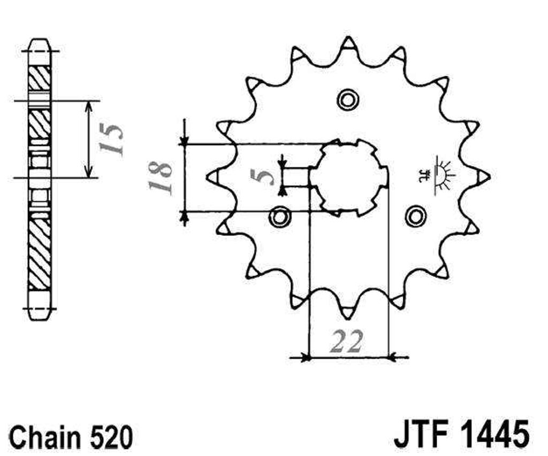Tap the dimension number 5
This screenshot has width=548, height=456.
click(x=262, y=176)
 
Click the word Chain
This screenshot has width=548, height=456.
click(x=46, y=436)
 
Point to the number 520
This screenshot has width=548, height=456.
click(x=111, y=436)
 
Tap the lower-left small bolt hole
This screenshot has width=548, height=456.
click(x=279, y=217)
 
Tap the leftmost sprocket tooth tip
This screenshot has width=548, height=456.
click(x=208, y=176)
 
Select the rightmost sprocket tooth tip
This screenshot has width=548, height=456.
click(x=489, y=176)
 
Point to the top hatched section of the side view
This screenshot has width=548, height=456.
click(x=39, y=78)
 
